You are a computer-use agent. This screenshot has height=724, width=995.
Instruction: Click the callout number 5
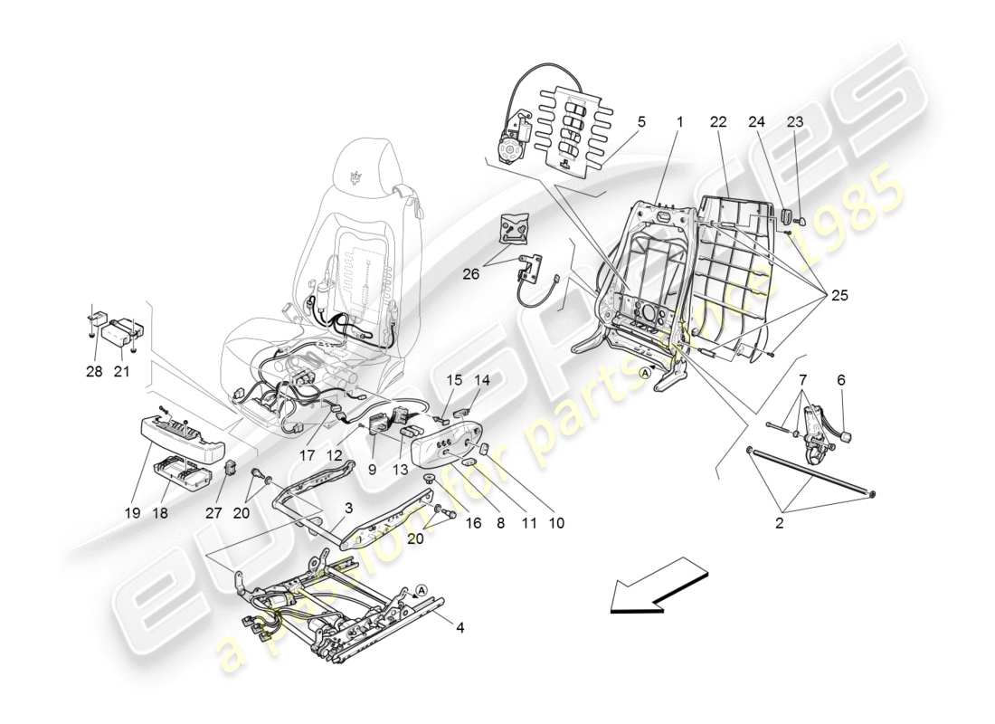pyautogui.click(x=641, y=121)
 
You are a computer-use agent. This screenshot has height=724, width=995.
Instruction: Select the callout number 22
pyautogui.click(x=718, y=121)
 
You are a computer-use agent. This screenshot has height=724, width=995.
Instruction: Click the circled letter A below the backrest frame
pyautogui.click(x=645, y=372)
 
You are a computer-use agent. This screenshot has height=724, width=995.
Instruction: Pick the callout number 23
pyautogui.click(x=795, y=121)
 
